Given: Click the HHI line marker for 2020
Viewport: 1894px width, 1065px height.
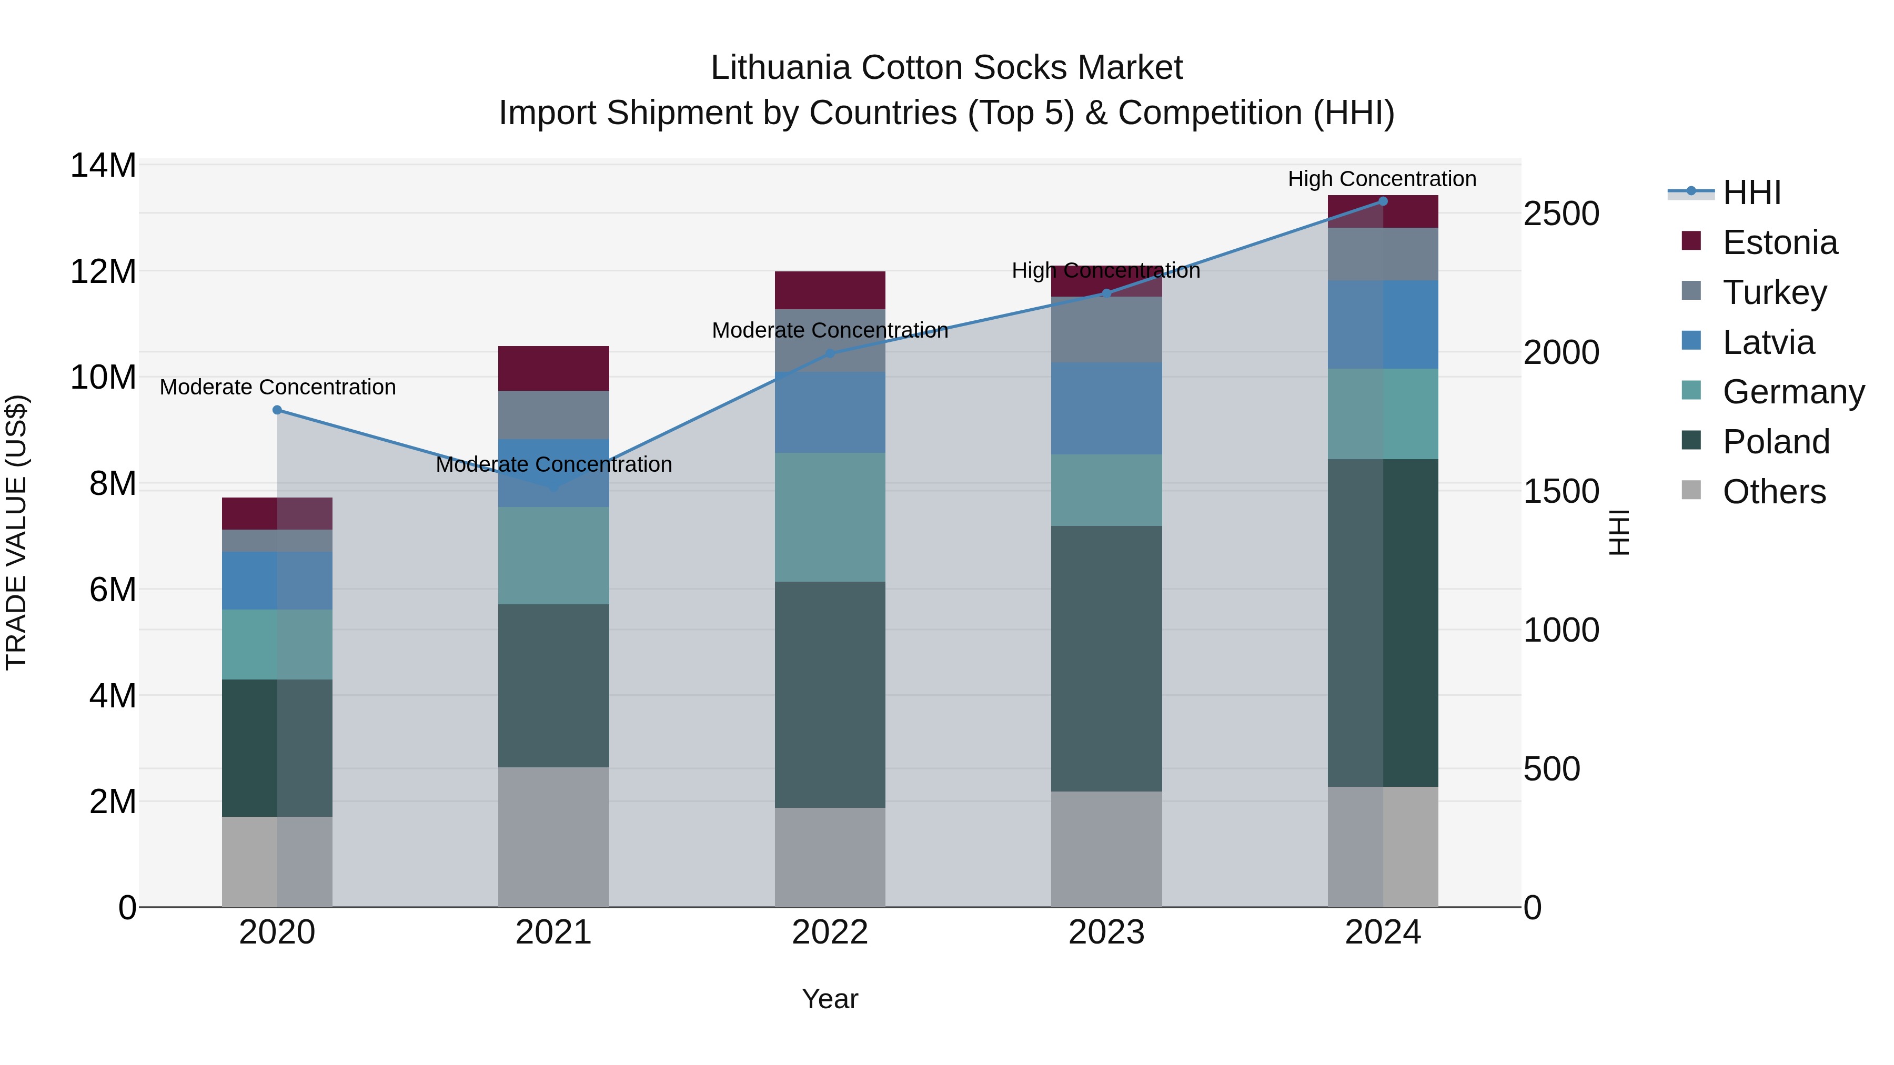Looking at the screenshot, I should [277, 410].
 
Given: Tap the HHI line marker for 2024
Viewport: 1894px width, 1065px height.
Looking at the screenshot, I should [1383, 201].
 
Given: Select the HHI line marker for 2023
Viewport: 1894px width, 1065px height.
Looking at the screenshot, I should [1106, 293].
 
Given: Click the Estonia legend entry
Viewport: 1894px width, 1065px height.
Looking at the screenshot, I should [1779, 242].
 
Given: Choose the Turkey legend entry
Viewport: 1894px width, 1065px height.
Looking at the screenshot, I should [1774, 292].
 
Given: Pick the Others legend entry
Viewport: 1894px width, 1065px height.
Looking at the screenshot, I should [1774, 492].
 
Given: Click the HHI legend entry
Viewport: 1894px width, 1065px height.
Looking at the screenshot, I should [1751, 192].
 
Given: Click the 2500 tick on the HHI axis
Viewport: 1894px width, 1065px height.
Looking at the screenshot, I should [1561, 214].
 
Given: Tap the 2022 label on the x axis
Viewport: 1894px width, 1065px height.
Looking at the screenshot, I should [830, 932].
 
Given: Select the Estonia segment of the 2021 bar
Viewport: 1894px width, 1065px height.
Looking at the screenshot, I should [553, 368].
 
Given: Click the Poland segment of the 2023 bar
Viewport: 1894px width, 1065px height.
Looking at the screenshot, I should [1106, 658].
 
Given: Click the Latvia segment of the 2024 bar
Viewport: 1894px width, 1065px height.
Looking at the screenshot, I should [1383, 324].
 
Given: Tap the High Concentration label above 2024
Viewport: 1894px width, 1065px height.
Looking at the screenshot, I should [1382, 179].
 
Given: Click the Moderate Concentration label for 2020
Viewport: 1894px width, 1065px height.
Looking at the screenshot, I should [278, 387].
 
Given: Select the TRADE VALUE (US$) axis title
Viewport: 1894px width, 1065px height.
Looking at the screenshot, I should [16, 532].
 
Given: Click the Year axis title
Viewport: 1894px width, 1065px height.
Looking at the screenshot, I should [830, 999].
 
